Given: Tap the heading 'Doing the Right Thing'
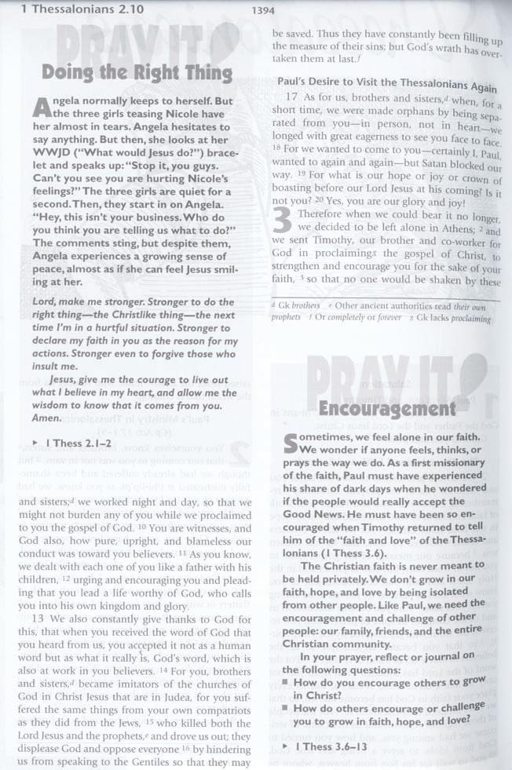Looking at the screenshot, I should (137, 74).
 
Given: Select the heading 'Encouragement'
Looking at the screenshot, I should (386, 409).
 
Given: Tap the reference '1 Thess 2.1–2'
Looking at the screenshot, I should (82, 443).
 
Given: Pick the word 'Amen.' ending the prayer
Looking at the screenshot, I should (46, 418).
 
